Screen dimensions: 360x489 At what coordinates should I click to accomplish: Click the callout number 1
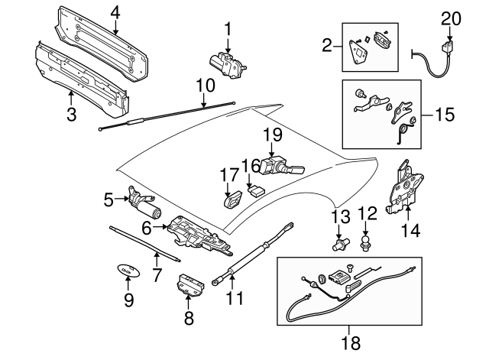coord(227,29)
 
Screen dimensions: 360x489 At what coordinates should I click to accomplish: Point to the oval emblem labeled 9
coord(126,271)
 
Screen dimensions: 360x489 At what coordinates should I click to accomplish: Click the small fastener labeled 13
coord(337,245)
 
